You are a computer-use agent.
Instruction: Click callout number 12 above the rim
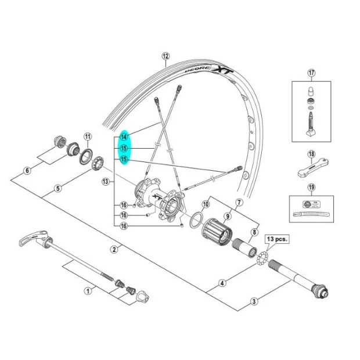(x=165, y=56)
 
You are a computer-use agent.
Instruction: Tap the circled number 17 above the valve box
(x=311, y=73)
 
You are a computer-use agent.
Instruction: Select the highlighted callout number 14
(x=124, y=137)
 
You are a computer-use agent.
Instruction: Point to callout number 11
(x=88, y=137)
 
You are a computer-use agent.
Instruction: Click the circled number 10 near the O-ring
(x=205, y=204)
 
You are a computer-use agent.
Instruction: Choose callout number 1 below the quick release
(x=26, y=171)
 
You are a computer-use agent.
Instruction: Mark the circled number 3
(x=254, y=301)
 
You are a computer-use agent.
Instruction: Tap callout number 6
(x=26, y=171)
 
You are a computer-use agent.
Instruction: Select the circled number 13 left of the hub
(x=105, y=182)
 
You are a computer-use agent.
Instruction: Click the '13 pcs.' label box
(x=277, y=239)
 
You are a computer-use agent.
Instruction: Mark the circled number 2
(x=114, y=249)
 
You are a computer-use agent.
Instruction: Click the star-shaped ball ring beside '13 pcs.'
(x=262, y=257)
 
